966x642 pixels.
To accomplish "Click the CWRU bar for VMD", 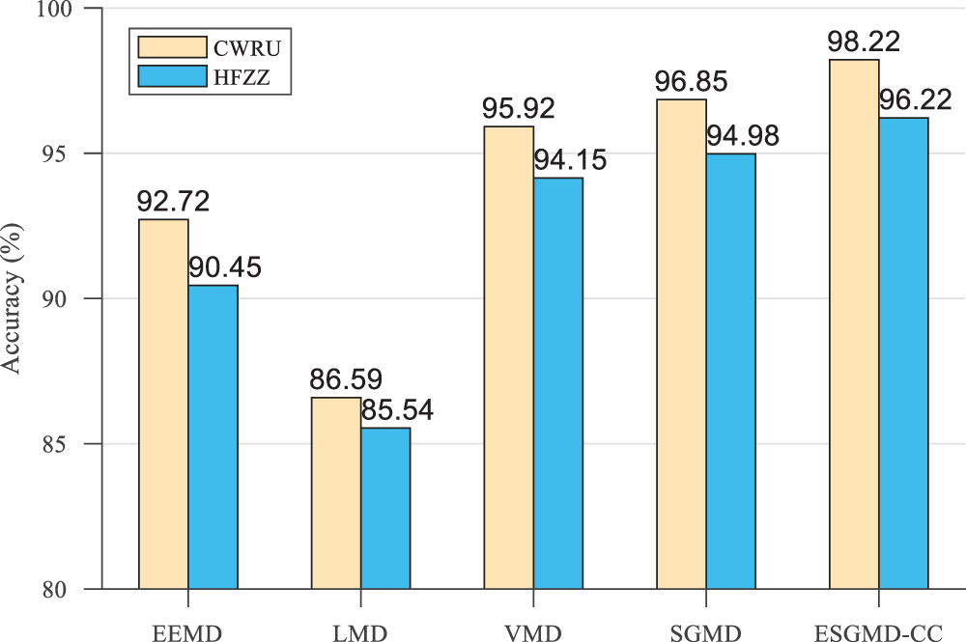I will tap(508, 357).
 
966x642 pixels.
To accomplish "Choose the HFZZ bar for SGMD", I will tap(730, 371).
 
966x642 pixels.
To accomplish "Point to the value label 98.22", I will tap(865, 42).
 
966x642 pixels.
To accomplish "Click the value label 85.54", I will tap(397, 410).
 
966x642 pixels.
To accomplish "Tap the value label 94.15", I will tap(570, 160).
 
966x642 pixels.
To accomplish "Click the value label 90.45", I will tap(225, 267).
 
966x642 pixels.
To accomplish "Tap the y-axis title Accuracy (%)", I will tap(14, 298).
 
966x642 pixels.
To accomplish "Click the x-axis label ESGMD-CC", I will tap(878, 634).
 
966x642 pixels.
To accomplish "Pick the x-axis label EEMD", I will tap(187, 634).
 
